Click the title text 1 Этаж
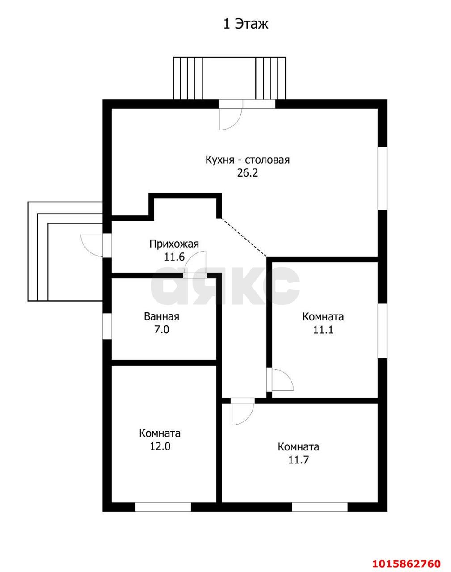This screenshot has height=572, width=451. pyautogui.click(x=245, y=24)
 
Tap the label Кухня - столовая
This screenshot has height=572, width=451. pyautogui.click(x=247, y=160)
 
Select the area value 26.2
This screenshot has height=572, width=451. pyautogui.click(x=247, y=173)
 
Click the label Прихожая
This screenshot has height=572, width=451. pyautogui.click(x=173, y=244)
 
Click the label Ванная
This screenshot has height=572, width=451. pyautogui.click(x=161, y=317)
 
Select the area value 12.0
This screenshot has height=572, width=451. pyautogui.click(x=160, y=446)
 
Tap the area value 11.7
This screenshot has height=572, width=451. pyautogui.click(x=298, y=460)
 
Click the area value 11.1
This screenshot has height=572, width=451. pyautogui.click(x=323, y=330)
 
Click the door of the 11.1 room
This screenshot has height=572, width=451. pyautogui.click(x=282, y=380)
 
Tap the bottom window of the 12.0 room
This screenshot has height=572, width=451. pyautogui.click(x=163, y=507)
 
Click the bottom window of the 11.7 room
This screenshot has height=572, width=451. pyautogui.click(x=320, y=507)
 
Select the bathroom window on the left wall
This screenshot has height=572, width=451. pyautogui.click(x=107, y=326)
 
